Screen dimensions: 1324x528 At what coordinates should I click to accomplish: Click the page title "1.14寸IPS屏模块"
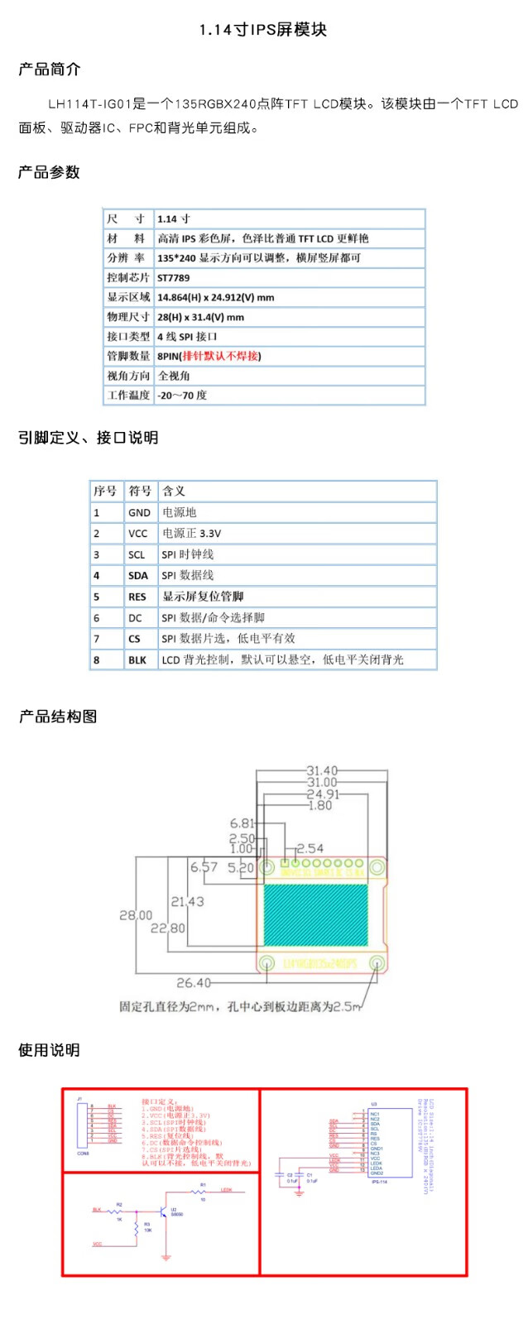coord(263,30)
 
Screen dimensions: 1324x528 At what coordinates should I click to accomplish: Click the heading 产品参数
coord(49,172)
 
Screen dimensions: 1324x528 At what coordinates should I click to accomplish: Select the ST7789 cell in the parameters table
coord(174,278)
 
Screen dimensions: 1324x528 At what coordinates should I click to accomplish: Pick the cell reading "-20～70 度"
coord(182,396)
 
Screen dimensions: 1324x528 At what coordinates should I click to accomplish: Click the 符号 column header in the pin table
coord(140,491)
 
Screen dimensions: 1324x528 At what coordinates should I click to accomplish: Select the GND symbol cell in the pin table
coord(139,513)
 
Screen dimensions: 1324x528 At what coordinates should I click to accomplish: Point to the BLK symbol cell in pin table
coord(137,660)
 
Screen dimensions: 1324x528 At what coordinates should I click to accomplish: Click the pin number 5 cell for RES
coord(97,597)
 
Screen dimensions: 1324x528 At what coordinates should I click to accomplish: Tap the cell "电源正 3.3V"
coord(191,534)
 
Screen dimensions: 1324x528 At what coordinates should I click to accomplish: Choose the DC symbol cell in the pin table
coord(136,618)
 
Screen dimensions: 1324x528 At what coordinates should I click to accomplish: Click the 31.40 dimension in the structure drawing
coord(322,770)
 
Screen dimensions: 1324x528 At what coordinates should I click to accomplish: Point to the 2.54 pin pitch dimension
coord(310,848)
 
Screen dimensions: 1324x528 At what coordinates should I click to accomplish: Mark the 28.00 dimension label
coord(136,915)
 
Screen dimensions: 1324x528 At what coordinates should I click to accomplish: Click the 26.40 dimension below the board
coord(194,982)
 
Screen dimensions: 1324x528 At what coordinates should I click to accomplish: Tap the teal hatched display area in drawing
coord(315,914)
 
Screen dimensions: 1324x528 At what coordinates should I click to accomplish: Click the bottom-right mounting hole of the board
coord(377,962)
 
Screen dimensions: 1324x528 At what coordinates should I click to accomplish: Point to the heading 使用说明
coord(49,1050)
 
